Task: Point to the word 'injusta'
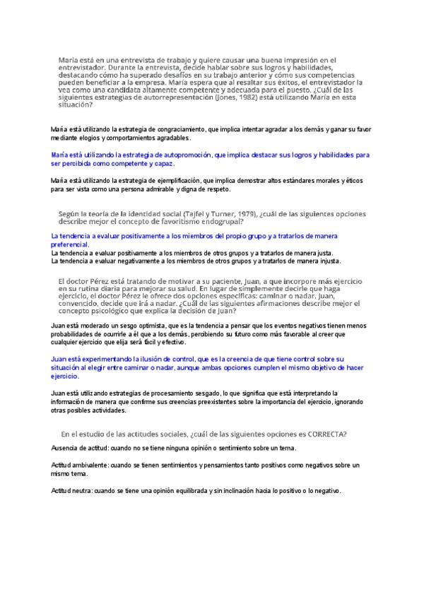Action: (325, 261)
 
